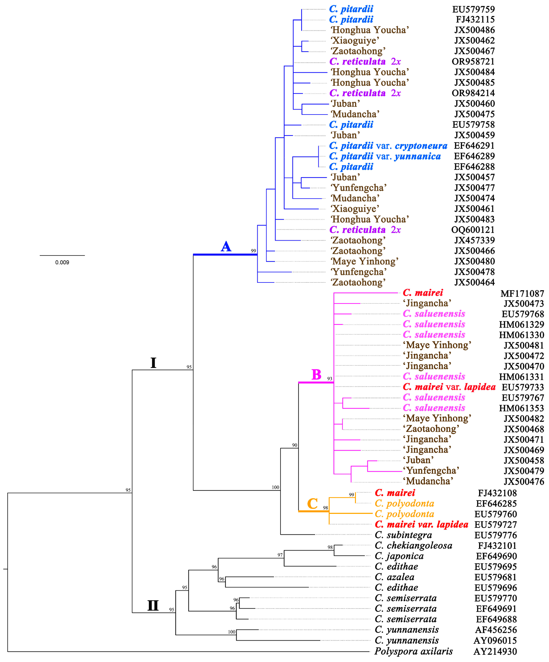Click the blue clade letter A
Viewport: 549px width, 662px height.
pos(226,247)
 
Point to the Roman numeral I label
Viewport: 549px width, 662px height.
pos(153,363)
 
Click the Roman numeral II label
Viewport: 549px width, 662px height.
pos(153,606)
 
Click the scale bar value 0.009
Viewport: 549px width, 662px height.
pos(62,262)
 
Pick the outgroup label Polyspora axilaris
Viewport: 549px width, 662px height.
pos(413,651)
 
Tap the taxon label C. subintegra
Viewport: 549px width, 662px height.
pos(403,535)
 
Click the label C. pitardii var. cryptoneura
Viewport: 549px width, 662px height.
pos(388,146)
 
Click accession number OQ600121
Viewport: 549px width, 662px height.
pos(473,230)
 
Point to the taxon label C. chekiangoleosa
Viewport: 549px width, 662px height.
pos(413,545)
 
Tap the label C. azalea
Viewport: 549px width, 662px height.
pos(394,577)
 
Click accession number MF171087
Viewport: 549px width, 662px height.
pos(522,294)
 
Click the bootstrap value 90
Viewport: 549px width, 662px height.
pos(294,445)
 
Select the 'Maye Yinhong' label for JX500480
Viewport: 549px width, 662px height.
pos(364,261)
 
